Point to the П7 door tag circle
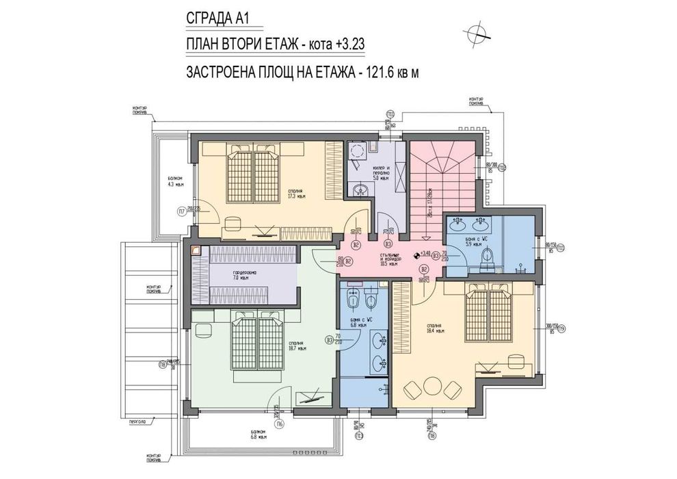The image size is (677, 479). pos(182,211)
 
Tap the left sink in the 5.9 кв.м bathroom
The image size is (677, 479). pos(458,224)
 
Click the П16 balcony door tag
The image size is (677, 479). pos(280,424)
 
